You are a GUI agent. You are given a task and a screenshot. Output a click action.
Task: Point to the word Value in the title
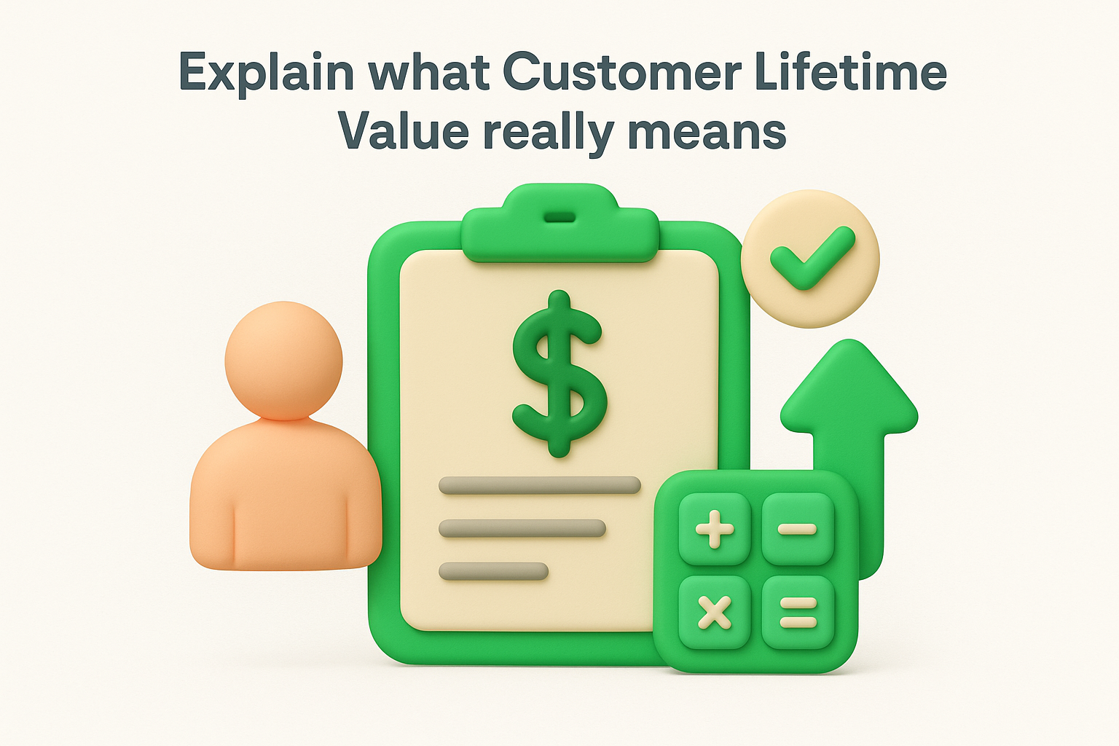[x=404, y=132]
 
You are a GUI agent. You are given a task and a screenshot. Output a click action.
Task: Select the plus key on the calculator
[x=715, y=529]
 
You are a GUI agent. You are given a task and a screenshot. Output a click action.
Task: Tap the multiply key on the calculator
[x=715, y=612]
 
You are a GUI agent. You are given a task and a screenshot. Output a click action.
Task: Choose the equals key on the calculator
[x=798, y=612]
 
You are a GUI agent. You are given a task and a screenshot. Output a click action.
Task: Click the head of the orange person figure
[x=283, y=361]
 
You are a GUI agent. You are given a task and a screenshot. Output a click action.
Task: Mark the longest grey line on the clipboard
[x=539, y=485]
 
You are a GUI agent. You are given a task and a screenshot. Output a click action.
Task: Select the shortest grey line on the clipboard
[x=493, y=571]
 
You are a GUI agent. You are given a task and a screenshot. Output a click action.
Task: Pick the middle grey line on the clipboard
[x=522, y=528]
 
